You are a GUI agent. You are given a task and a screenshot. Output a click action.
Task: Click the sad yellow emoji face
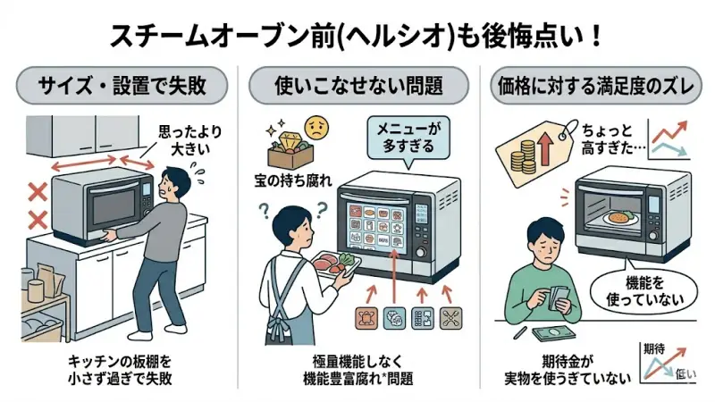pos(315,125)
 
